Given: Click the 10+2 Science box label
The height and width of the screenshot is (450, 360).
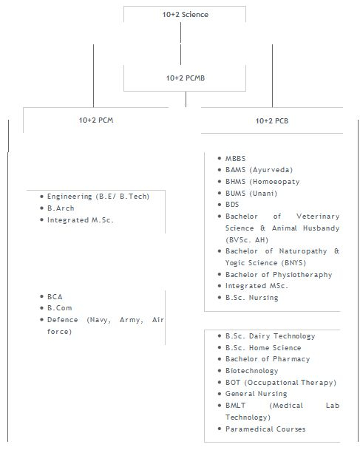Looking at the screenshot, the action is pyautogui.click(x=186, y=14).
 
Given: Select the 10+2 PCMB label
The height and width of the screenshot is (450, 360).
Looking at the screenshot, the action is pyautogui.click(x=186, y=78).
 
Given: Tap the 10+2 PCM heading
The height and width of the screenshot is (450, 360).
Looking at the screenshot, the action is pyautogui.click(x=96, y=120).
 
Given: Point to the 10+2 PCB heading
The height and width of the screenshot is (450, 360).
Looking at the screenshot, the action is pyautogui.click(x=272, y=121).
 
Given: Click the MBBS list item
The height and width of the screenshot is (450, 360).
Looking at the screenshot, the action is pyautogui.click(x=235, y=158).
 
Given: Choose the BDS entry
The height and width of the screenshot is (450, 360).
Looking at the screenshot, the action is pyautogui.click(x=232, y=205).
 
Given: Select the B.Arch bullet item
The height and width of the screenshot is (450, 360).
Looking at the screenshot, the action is pyautogui.click(x=61, y=208).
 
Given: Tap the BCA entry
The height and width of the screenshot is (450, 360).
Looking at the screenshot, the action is pyautogui.click(x=55, y=296).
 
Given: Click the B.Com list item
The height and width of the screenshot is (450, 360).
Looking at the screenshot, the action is pyautogui.click(x=59, y=308).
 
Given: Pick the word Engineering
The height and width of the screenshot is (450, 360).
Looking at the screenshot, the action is pyautogui.click(x=69, y=197).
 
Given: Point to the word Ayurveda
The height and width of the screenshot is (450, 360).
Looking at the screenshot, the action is pyautogui.click(x=271, y=170).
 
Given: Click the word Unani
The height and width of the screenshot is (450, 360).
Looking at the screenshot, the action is pyautogui.click(x=264, y=194).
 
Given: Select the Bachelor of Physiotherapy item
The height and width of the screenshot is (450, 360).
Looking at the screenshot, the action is pyautogui.click(x=279, y=275).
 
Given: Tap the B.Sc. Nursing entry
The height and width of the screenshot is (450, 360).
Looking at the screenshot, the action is pyautogui.click(x=252, y=298).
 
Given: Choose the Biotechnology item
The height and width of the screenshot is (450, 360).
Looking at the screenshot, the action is pyautogui.click(x=252, y=371).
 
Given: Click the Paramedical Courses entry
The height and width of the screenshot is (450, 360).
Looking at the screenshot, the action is pyautogui.click(x=265, y=429).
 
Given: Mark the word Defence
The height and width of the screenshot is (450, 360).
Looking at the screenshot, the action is pyautogui.click(x=62, y=320).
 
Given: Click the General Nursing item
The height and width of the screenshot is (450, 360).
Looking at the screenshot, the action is pyautogui.click(x=256, y=394).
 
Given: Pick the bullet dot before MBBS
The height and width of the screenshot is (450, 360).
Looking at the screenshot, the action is pyautogui.click(x=220, y=158).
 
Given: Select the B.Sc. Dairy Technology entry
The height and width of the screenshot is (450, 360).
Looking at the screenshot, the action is pyautogui.click(x=270, y=336).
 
